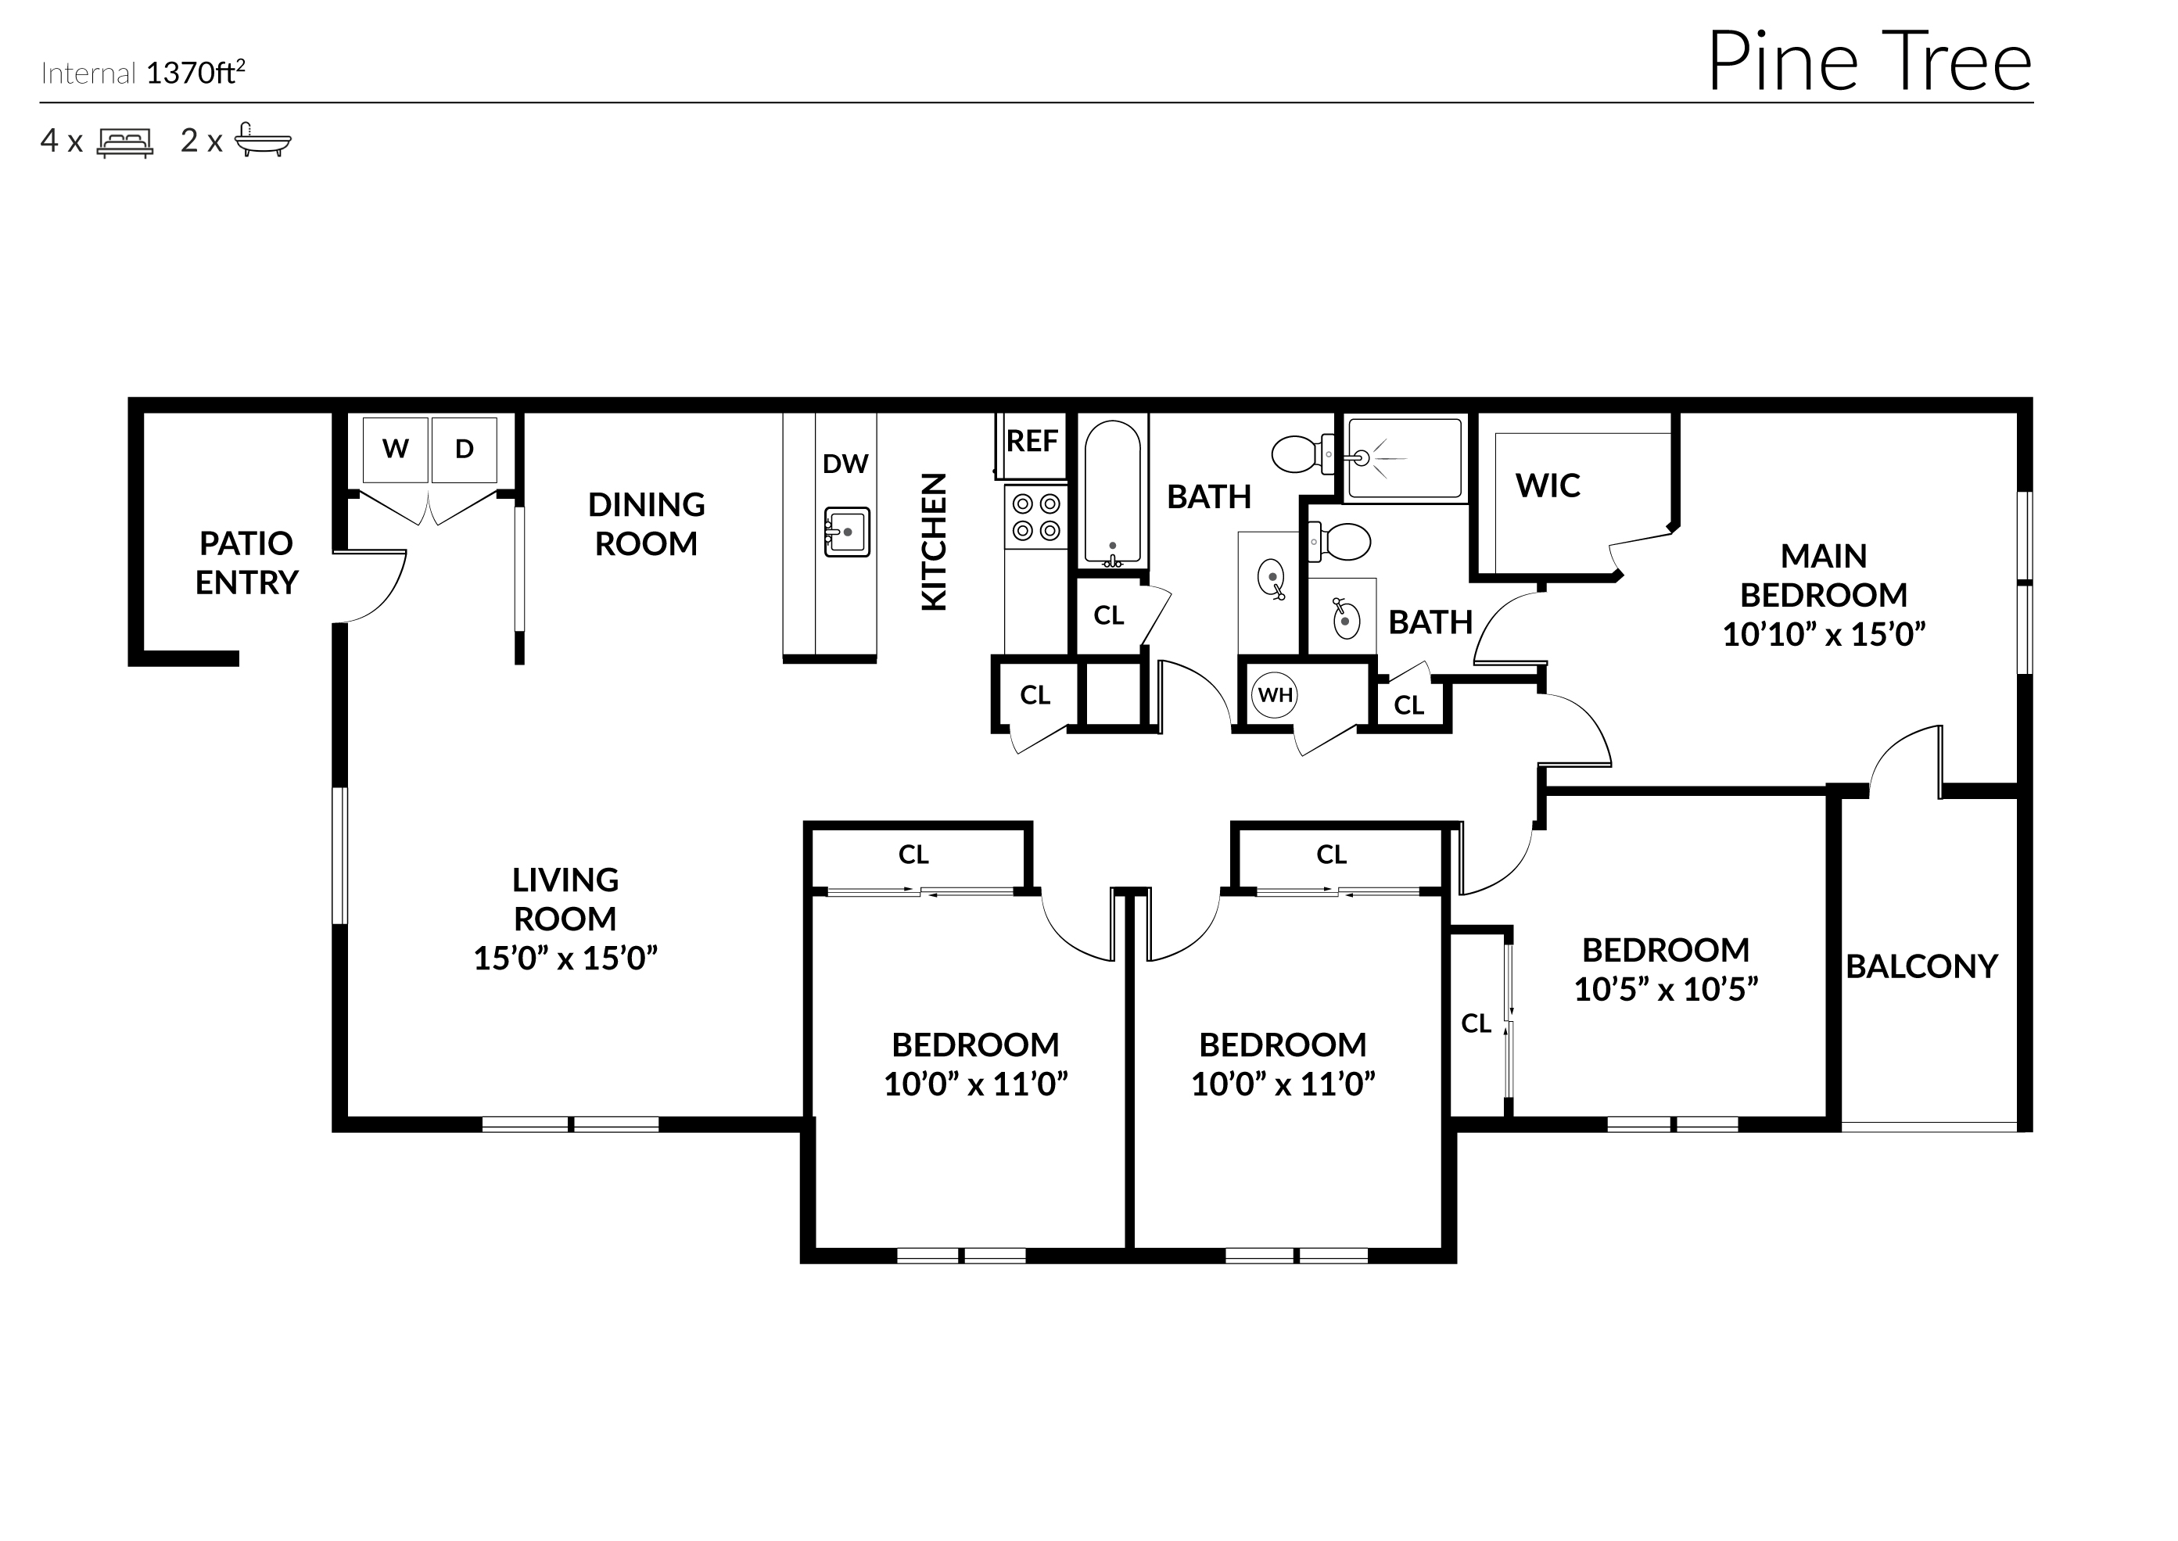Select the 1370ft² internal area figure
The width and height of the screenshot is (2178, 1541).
196,73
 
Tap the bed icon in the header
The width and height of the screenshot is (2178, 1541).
124,142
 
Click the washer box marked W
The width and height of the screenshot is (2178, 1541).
396,449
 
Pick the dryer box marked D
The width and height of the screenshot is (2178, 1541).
464,449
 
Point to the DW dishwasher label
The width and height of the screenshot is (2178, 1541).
845,464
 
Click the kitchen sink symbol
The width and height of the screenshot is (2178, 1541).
846,532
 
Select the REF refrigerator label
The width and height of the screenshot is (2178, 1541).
1032,441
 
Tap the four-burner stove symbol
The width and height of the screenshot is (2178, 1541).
1036,517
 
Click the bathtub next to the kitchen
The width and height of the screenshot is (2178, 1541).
1112,493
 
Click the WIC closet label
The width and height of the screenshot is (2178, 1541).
1547,486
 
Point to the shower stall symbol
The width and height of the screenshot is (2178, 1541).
1405,458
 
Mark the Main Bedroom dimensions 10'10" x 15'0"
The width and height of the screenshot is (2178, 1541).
1823,634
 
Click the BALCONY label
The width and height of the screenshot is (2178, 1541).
1921,967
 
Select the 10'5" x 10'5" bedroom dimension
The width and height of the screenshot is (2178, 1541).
1666,990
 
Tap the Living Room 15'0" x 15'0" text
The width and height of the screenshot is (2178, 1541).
565,959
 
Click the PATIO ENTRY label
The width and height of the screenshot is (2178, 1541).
247,563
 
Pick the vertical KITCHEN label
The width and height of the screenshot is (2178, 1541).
934,542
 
